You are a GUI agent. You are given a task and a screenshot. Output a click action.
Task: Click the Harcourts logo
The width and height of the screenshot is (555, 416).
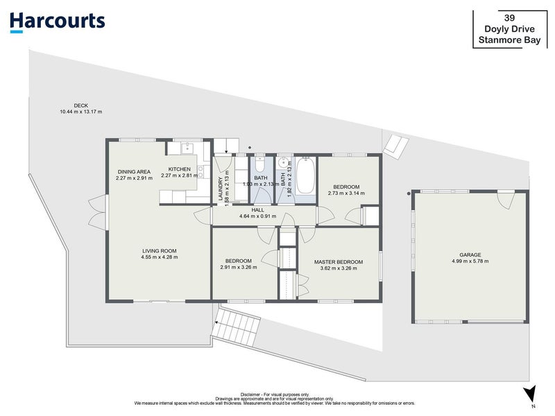58,22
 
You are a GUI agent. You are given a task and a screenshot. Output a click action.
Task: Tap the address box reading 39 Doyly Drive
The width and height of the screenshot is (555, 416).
510,29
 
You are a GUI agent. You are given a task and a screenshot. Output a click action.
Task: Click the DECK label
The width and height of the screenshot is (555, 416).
81,105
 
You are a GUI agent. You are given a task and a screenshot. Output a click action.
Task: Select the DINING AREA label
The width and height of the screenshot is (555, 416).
134,171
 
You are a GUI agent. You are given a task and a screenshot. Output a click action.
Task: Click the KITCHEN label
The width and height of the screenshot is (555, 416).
180,169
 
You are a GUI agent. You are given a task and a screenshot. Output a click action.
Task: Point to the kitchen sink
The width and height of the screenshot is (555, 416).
186,148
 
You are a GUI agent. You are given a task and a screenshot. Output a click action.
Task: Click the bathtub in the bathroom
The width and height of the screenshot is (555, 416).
305,175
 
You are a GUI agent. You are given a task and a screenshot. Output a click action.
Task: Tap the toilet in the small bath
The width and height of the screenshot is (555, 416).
259,164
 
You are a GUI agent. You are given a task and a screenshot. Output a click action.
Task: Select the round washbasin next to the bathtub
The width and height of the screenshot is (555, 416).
284,163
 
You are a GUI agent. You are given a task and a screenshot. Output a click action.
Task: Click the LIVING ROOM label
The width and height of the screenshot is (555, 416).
160,251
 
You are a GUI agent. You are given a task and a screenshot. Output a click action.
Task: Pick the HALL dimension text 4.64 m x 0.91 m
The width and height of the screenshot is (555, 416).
257,216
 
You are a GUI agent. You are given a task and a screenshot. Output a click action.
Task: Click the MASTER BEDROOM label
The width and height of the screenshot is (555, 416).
339,262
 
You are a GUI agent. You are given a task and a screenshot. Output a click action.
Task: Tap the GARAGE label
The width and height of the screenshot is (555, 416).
470,254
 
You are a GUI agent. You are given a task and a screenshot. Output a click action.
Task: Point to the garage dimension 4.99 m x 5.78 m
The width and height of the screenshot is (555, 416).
470,261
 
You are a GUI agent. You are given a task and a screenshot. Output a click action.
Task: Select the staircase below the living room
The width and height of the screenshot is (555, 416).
236,327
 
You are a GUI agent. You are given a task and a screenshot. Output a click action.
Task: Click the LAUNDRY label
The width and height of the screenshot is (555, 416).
221,189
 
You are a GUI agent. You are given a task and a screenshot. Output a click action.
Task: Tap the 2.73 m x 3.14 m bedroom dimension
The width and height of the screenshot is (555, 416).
346,193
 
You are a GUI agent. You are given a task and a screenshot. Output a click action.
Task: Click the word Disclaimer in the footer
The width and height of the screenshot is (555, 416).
250,395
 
